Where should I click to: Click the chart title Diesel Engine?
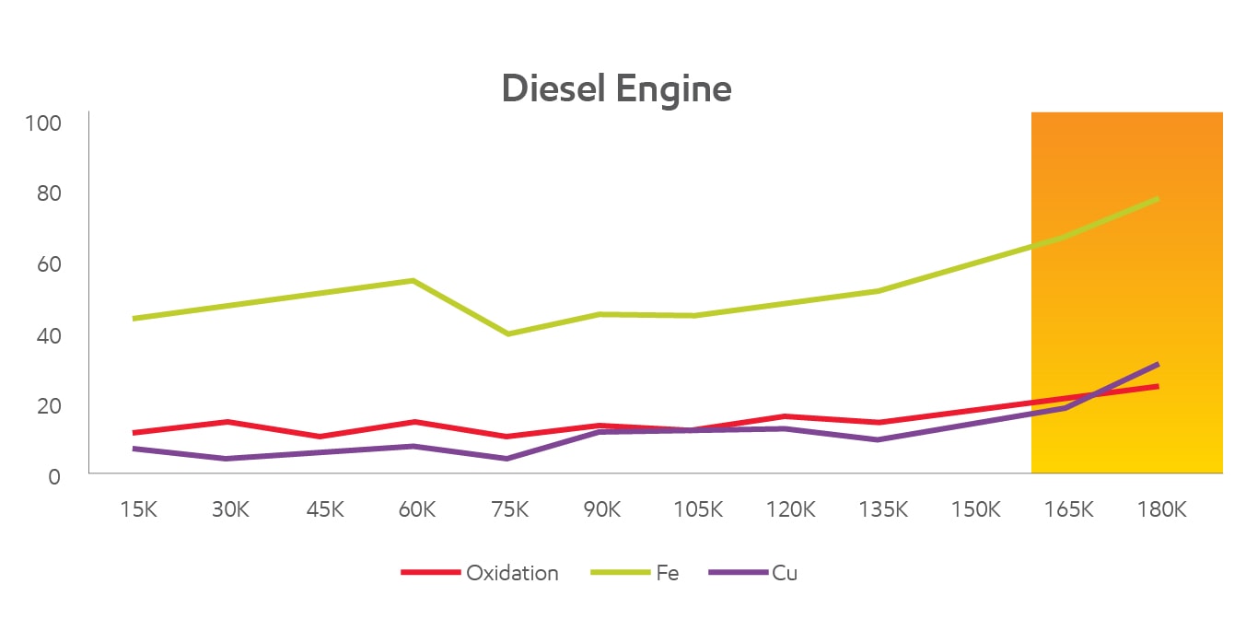(616, 89)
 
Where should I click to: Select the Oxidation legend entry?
(511, 573)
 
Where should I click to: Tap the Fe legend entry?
(667, 573)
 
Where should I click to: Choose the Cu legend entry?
(785, 573)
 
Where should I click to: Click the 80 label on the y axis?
(48, 193)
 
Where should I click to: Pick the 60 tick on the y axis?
(48, 264)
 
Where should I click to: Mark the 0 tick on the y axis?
(54, 477)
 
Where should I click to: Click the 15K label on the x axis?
(139, 509)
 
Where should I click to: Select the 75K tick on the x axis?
(509, 509)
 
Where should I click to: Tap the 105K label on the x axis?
(697, 509)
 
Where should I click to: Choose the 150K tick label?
(975, 509)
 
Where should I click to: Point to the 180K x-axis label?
(1161, 509)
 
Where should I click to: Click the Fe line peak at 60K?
(413, 280)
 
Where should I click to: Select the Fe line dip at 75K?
(507, 333)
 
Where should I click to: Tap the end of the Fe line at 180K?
(1158, 198)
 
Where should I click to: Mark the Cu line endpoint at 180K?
(1158, 364)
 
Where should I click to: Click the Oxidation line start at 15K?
(134, 432)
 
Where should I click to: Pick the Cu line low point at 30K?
(227, 458)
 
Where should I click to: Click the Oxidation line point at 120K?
(785, 416)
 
